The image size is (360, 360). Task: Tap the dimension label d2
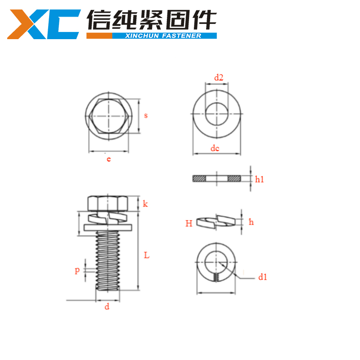coord(219,77)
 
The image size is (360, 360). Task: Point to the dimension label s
coord(146,115)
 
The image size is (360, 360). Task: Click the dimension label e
coord(108,158)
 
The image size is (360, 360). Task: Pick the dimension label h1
coord(259,180)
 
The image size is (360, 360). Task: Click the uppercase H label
coord(189,223)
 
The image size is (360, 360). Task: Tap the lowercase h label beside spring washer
coord(252,222)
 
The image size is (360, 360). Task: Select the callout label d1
coord(263,277)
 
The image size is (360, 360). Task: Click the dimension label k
coord(145,204)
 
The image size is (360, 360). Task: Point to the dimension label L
coord(147,255)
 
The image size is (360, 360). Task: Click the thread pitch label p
coord(77,270)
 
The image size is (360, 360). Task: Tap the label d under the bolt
coord(107,306)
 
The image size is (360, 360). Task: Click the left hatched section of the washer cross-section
coord(198,179)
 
